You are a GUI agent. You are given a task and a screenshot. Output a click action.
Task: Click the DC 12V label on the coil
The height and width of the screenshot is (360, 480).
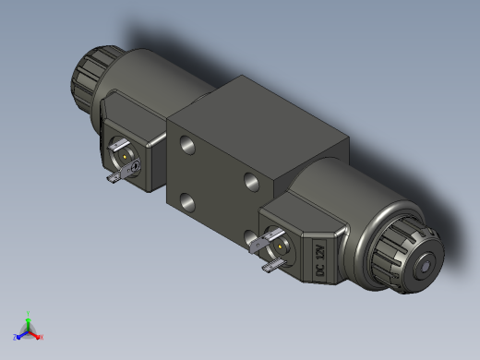320,260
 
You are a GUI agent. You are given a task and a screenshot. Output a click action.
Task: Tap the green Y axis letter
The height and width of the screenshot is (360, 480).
28,314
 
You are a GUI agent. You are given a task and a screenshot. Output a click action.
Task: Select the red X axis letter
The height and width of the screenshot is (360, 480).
42,337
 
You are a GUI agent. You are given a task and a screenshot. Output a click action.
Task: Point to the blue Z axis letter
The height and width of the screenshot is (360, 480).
15,337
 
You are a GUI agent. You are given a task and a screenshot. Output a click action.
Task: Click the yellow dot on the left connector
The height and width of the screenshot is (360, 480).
125,157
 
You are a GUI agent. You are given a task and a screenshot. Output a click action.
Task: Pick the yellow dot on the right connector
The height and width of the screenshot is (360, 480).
280,246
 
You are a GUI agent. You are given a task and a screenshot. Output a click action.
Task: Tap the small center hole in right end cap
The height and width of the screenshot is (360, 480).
426,267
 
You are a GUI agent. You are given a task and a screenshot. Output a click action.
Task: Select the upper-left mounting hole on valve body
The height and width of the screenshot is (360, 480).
187,145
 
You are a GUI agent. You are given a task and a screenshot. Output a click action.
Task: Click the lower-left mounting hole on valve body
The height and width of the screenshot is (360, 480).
187,202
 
